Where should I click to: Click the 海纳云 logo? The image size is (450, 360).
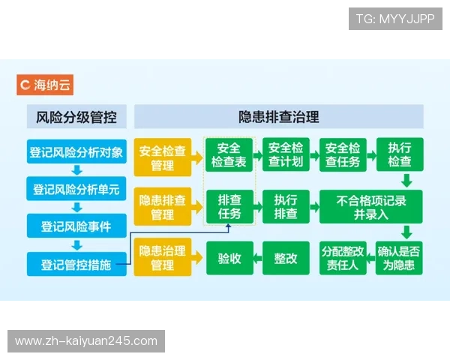click(x=46, y=84)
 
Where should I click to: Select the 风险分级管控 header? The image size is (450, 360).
click(x=76, y=116)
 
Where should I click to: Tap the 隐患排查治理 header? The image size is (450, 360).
click(x=279, y=116)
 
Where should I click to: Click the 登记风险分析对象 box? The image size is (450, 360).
click(x=76, y=151)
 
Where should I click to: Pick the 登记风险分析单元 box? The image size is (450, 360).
click(x=76, y=188)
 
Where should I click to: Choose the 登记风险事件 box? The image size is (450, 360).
click(x=76, y=226)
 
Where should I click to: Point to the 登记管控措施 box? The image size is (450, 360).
click(x=76, y=263)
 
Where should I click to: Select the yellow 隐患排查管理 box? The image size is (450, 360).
click(x=163, y=207)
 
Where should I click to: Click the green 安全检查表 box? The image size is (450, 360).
click(x=229, y=155)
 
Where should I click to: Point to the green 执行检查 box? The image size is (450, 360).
click(x=400, y=155)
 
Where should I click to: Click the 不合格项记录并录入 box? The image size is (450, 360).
click(x=371, y=207)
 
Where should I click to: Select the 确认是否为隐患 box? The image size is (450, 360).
click(x=400, y=258)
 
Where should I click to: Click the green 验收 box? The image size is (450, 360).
click(x=229, y=258)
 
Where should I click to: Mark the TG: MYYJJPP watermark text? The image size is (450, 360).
click(x=395, y=19)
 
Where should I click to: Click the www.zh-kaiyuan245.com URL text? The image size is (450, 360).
click(x=86, y=341)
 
